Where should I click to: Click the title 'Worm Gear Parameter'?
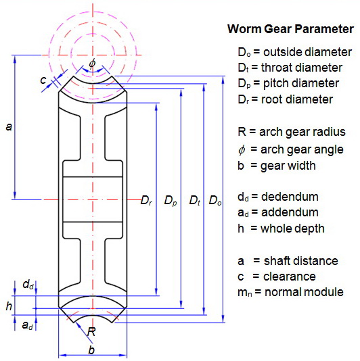pos(290,29)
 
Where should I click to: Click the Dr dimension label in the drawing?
pos(146,200)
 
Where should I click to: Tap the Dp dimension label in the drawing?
pos(171,200)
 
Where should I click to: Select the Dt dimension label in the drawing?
pos(195,200)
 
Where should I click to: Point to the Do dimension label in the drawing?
pos(215,200)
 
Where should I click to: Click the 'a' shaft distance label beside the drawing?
pos(9,126)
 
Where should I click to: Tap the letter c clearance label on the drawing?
pos(43,80)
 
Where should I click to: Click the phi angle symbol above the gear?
pos(92,64)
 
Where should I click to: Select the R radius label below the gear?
pos(91,332)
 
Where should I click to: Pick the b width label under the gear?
pos(91,350)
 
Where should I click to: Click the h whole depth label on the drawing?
pos(9,306)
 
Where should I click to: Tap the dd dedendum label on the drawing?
pos(28,285)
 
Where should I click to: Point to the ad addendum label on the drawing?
pos(28,325)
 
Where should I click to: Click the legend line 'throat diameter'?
pos(290,68)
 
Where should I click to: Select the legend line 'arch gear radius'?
pos(292,132)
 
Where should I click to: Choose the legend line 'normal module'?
pos(290,292)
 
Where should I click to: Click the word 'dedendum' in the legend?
pos(290,197)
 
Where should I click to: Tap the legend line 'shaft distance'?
pos(288,261)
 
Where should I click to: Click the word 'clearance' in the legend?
pos(290,276)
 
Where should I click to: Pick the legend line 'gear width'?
pos(277,166)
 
